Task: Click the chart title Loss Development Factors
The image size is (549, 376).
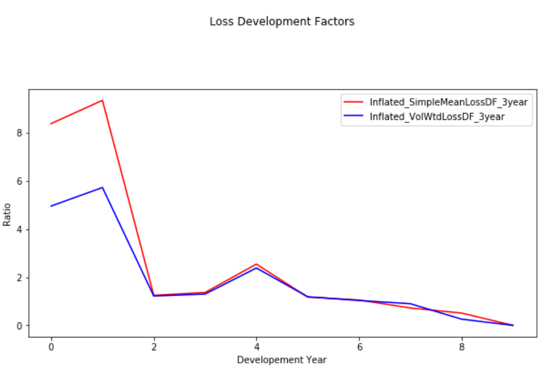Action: pyautogui.click(x=281, y=22)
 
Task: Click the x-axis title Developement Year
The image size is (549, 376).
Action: pyautogui.click(x=281, y=360)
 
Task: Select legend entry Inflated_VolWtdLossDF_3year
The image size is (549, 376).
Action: pyautogui.click(x=441, y=117)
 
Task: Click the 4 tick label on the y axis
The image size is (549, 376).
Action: pyautogui.click(x=19, y=230)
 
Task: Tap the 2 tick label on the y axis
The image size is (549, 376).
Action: pyautogui.click(x=19, y=277)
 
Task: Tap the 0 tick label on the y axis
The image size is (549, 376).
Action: pyautogui.click(x=19, y=326)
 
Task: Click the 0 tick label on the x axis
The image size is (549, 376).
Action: pyautogui.click(x=51, y=347)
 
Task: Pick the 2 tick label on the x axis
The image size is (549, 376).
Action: pyautogui.click(x=154, y=347)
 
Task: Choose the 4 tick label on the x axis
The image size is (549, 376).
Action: pyautogui.click(x=257, y=347)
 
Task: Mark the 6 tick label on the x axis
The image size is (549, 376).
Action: pyautogui.click(x=359, y=347)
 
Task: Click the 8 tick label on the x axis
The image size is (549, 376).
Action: pyautogui.click(x=462, y=347)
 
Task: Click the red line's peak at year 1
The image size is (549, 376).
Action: pyautogui.click(x=103, y=100)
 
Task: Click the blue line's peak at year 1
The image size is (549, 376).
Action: pyautogui.click(x=103, y=187)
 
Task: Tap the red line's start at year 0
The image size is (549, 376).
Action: pyautogui.click(x=51, y=123)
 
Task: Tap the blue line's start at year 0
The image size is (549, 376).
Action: pyautogui.click(x=51, y=206)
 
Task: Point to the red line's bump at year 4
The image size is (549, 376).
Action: pyautogui.click(x=257, y=264)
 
